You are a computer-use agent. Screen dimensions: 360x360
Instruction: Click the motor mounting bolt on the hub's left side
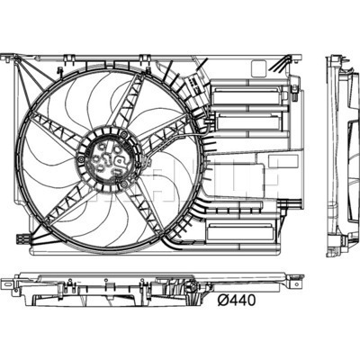click(x=82, y=159)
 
